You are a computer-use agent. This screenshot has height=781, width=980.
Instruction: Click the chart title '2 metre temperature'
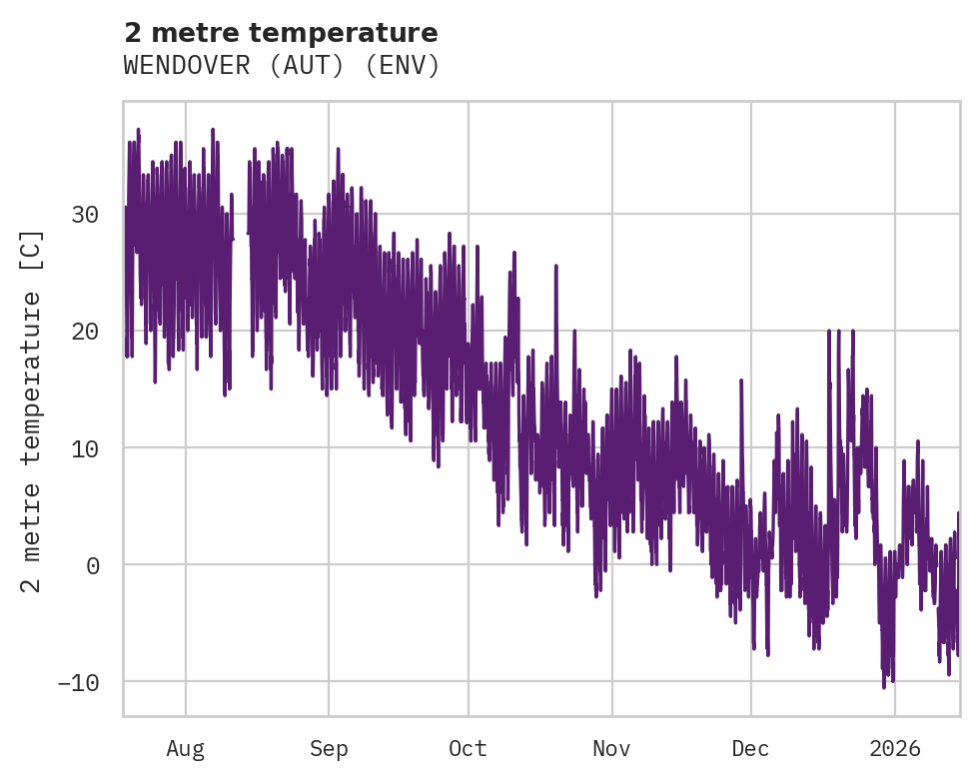point(281,33)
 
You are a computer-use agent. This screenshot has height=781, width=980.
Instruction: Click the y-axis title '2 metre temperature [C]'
point(33,410)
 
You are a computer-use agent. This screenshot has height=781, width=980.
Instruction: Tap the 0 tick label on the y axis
point(92,564)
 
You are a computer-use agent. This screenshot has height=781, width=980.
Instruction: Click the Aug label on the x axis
point(185,748)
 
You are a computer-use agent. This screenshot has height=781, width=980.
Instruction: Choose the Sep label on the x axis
point(328,748)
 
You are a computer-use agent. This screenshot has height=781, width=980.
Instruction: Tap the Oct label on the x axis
point(467,748)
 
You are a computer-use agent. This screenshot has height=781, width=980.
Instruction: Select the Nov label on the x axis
point(611,748)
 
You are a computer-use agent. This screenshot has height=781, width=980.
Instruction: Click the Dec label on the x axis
point(750,748)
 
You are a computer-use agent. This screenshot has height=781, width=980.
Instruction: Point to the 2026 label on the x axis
point(894,748)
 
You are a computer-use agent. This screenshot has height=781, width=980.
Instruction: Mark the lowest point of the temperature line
point(884,687)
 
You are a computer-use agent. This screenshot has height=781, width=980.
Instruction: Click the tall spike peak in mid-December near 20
point(828,331)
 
